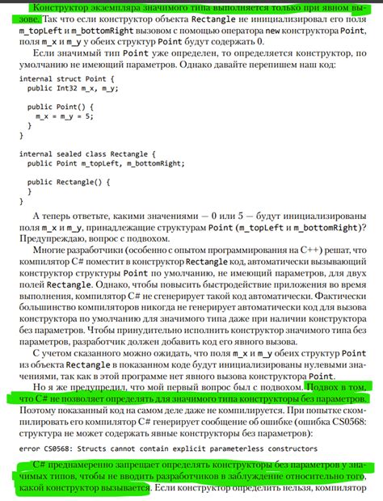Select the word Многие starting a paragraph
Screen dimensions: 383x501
[52, 250]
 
